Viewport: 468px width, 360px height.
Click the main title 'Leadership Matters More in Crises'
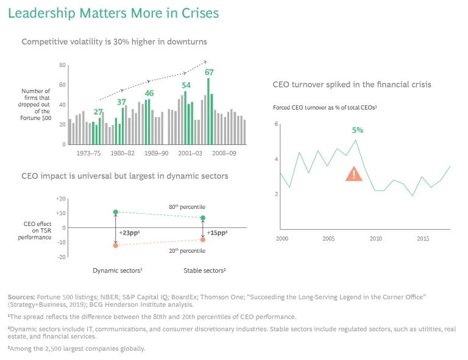[113, 13]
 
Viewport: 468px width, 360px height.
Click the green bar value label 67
[209, 72]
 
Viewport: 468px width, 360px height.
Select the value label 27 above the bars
[98, 112]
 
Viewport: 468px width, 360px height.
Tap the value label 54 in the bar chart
[186, 85]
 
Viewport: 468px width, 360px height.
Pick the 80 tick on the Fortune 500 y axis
[62, 65]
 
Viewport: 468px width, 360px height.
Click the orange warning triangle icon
[353, 174]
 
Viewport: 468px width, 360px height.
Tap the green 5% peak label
[358, 130]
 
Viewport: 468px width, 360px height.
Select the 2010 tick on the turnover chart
[376, 238]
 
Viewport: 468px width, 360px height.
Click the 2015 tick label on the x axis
[424, 238]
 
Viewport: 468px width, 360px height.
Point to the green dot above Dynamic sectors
[116, 212]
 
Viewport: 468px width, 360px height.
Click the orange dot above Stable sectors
[203, 239]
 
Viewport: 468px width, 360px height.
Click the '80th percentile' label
[186, 207]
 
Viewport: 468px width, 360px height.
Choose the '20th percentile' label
[186, 250]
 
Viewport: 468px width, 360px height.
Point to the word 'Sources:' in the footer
[20, 296]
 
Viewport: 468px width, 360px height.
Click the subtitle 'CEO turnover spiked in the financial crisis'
[352, 85]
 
